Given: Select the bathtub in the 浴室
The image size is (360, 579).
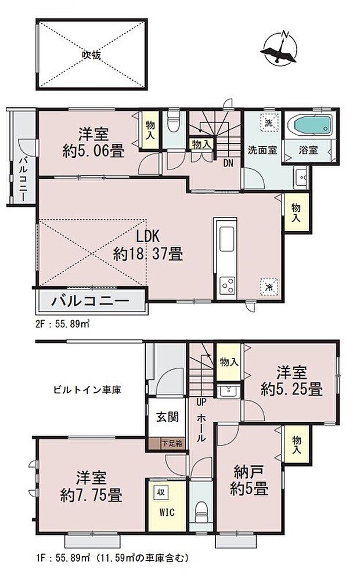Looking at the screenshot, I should (x=312, y=125).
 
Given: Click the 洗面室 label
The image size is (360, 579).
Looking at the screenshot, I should (x=262, y=150).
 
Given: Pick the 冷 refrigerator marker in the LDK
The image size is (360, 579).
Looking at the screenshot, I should (x=269, y=287).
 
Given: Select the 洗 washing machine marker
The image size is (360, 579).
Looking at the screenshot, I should (x=269, y=124).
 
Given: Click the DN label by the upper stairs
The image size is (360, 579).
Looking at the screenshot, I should (x=228, y=163).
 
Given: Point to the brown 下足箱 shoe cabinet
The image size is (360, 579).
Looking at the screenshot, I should (x=172, y=444).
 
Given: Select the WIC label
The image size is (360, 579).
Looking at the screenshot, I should (x=165, y=512).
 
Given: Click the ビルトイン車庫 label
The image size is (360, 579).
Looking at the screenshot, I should (x=93, y=390).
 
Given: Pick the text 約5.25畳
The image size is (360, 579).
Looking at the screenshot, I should (x=291, y=389).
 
